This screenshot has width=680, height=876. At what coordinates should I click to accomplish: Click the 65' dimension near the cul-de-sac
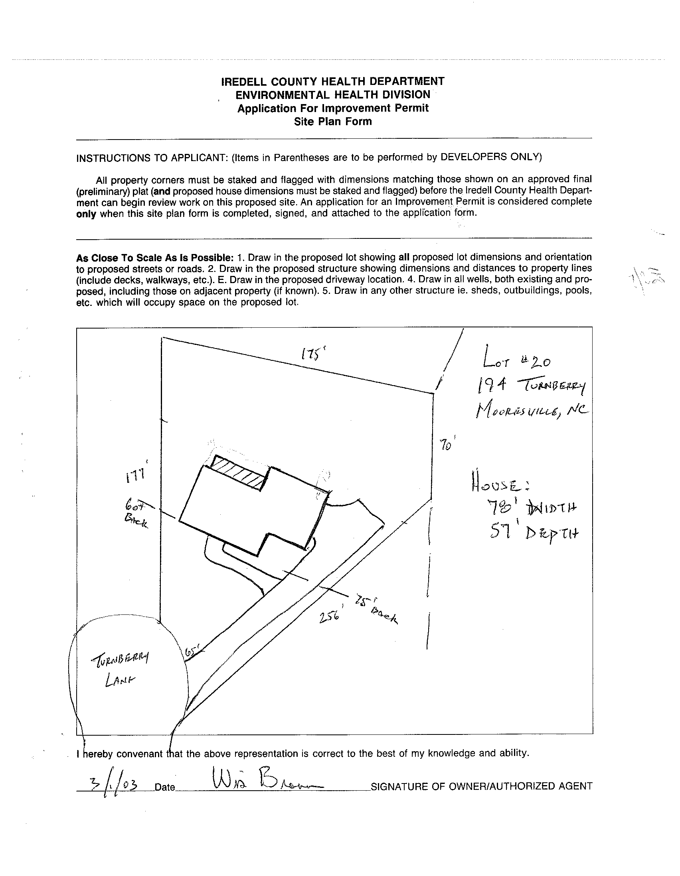pos(192,651)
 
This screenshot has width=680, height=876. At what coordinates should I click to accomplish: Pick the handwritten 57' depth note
pos(533,532)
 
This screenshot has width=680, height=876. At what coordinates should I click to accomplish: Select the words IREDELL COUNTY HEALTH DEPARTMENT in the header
pos(333,81)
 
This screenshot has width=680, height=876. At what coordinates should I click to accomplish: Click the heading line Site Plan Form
pos(333,122)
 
